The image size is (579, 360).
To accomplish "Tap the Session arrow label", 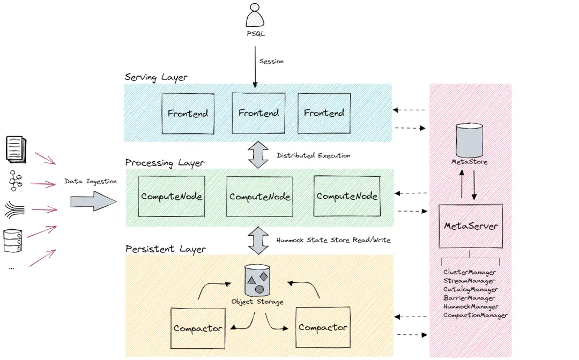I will point(271,62).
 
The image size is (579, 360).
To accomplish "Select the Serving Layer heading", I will point(156,77).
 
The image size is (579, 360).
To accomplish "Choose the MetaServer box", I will point(471,226).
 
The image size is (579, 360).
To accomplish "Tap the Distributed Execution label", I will point(313,155).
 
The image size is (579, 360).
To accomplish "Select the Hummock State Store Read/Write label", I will point(333,241).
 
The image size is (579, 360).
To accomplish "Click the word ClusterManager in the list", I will point(470,272).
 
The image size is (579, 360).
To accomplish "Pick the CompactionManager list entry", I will point(475,316).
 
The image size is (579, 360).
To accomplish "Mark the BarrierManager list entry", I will point(469,298).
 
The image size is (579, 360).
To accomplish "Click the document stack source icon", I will point(14,148).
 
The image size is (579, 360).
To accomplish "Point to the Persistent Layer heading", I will point(165,250).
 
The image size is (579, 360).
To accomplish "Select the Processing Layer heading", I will point(165,162).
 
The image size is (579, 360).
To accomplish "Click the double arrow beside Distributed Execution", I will point(258,155).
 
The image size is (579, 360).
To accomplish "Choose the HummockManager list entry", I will point(471,307).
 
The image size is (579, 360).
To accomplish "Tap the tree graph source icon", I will point(14,181).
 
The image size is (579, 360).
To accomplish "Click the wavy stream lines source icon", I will point(14,209).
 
